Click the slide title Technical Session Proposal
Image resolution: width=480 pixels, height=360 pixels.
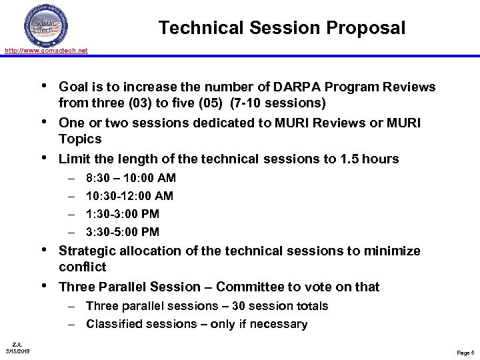(282, 28)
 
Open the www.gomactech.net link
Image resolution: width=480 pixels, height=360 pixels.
(46, 51)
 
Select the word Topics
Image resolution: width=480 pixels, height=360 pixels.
(80, 139)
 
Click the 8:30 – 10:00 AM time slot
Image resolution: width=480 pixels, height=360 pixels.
(131, 178)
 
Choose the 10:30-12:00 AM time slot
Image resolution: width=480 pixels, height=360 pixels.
(129, 196)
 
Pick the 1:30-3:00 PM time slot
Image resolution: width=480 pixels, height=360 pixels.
(123, 214)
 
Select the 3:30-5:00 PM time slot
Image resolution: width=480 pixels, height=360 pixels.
(123, 232)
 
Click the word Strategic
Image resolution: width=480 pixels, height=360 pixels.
(87, 251)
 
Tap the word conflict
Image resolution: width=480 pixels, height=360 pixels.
(83, 267)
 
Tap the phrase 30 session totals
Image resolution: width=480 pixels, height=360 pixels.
(287, 306)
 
